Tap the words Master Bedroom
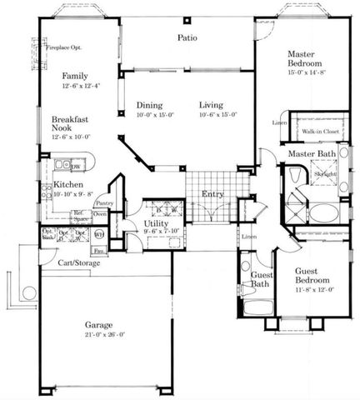tap(302, 59)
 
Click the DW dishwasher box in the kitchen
tap(76, 166)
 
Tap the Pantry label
tap(104, 202)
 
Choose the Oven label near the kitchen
tap(100, 214)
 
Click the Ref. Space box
tap(80, 215)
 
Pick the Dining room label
tap(150, 105)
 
